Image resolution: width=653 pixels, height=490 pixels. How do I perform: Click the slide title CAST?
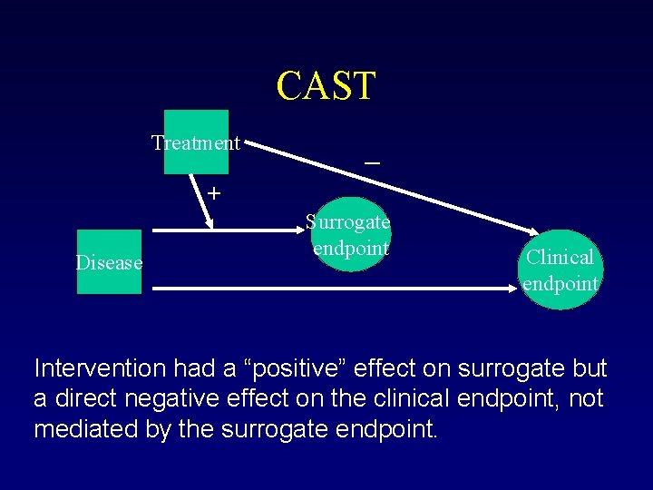(x=326, y=85)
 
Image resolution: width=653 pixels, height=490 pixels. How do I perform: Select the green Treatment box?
(x=196, y=142)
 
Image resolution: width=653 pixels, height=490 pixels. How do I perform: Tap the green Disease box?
(x=109, y=262)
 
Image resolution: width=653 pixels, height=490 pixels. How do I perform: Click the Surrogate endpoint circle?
(x=349, y=234)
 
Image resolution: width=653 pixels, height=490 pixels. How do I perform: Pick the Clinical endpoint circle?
(x=560, y=269)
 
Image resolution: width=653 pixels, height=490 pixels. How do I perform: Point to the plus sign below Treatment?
(x=213, y=192)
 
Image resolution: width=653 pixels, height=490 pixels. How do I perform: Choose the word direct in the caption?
(x=87, y=398)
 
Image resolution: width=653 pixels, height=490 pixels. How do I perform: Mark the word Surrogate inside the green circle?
(x=348, y=221)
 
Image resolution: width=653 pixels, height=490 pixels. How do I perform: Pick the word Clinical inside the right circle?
(x=560, y=258)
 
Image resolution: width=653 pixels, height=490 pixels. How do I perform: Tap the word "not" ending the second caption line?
(x=585, y=398)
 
